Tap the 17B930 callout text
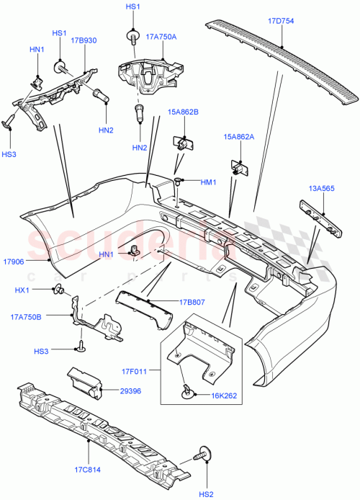click(84, 41)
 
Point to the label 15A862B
click(184, 112)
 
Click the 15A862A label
click(239, 137)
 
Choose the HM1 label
click(209, 182)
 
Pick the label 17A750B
click(27, 316)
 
